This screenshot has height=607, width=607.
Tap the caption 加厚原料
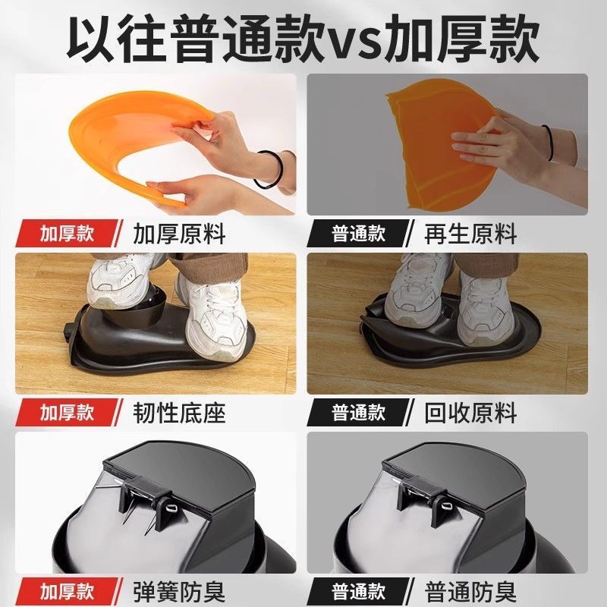point(179,234)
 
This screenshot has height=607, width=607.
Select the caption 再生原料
point(470,234)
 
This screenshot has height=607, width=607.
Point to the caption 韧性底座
point(179,413)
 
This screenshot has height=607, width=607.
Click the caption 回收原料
point(470,413)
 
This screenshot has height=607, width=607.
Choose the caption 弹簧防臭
point(179,591)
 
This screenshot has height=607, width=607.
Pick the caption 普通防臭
point(470,591)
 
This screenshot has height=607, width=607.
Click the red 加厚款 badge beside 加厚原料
point(67,234)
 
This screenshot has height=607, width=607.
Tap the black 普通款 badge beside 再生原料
point(358,234)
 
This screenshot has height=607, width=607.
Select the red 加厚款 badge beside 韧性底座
point(67,412)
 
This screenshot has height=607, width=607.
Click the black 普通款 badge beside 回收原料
point(358,412)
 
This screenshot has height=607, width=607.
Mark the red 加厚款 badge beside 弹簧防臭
point(67,591)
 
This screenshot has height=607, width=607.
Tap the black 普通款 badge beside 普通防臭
point(358,591)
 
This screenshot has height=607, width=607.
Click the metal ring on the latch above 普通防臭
point(445,505)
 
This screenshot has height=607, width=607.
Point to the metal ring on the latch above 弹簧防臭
point(170,508)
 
